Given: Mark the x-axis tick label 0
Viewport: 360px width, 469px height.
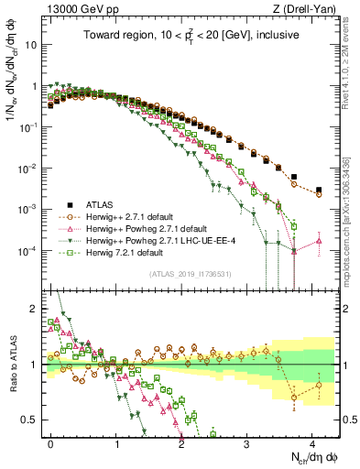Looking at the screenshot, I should [x=50, y=442].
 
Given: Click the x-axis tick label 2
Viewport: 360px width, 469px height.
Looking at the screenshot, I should [x=181, y=442].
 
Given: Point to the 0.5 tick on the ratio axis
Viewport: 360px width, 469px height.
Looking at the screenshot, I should [x=30, y=420].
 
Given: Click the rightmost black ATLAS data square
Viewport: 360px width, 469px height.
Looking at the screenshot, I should [x=318, y=191].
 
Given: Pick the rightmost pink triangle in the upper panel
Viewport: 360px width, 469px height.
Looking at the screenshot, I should [x=318, y=241].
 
